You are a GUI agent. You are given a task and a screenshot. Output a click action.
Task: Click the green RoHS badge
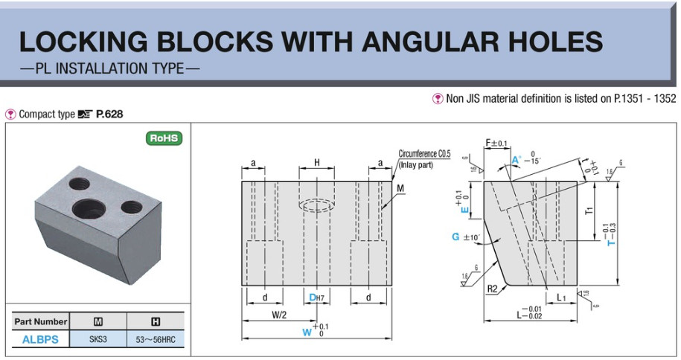[164, 138]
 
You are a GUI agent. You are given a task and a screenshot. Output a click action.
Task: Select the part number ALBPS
[40, 340]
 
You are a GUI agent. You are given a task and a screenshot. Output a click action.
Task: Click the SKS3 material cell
[97, 340]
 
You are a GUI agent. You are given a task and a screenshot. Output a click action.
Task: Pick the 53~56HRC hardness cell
[156, 340]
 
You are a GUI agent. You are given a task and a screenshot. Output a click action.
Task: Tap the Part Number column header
[40, 322]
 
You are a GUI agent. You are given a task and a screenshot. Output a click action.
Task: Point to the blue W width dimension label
[306, 332]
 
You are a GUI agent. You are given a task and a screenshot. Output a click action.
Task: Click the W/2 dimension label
[279, 315]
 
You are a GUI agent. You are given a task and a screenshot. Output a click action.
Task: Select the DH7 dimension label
[318, 298]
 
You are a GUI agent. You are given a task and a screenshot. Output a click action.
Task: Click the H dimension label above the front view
[317, 162]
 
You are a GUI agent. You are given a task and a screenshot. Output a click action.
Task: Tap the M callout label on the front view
[400, 189]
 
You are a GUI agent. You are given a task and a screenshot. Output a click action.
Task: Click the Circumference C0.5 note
[424, 153]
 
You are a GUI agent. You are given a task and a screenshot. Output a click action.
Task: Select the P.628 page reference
[109, 115]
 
